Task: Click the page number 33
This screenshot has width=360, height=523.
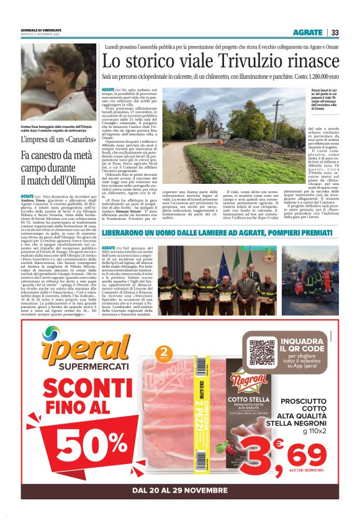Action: click(x=335, y=32)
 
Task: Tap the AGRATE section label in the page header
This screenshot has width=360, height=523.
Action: click(x=308, y=32)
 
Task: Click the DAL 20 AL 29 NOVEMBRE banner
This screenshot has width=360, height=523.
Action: click(x=179, y=491)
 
